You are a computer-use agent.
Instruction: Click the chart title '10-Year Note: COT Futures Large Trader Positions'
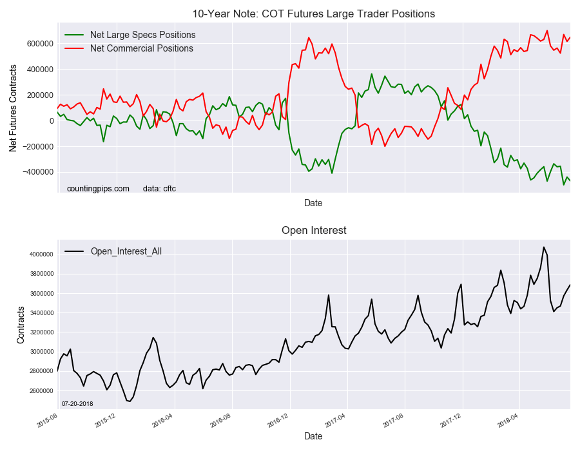[x=313, y=14]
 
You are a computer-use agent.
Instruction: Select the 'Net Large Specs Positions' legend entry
[x=142, y=35]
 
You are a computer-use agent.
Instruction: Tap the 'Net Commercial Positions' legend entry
[x=141, y=48]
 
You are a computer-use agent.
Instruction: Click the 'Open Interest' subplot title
[x=313, y=230]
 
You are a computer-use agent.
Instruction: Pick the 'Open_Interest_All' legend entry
[x=126, y=251]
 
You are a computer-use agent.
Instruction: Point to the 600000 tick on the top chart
[x=41, y=44]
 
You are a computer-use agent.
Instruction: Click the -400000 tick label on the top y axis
[x=39, y=173]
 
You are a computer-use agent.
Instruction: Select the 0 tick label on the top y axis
[x=50, y=121]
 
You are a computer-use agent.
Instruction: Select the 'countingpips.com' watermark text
[x=98, y=189]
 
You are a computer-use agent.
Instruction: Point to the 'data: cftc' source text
[x=159, y=189]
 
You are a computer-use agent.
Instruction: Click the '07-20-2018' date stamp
[x=78, y=403]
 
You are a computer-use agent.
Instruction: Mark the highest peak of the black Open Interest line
[x=543, y=247]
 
